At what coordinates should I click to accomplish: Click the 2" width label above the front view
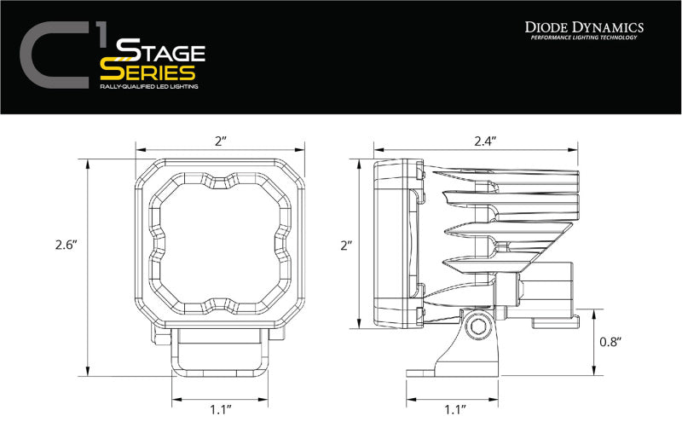point(222,141)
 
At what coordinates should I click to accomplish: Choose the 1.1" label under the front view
point(222,410)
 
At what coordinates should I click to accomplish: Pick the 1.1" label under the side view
point(455,410)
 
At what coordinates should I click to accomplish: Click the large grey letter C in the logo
point(53,56)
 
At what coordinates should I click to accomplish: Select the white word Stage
point(161,50)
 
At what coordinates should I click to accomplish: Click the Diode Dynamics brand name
point(583,28)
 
